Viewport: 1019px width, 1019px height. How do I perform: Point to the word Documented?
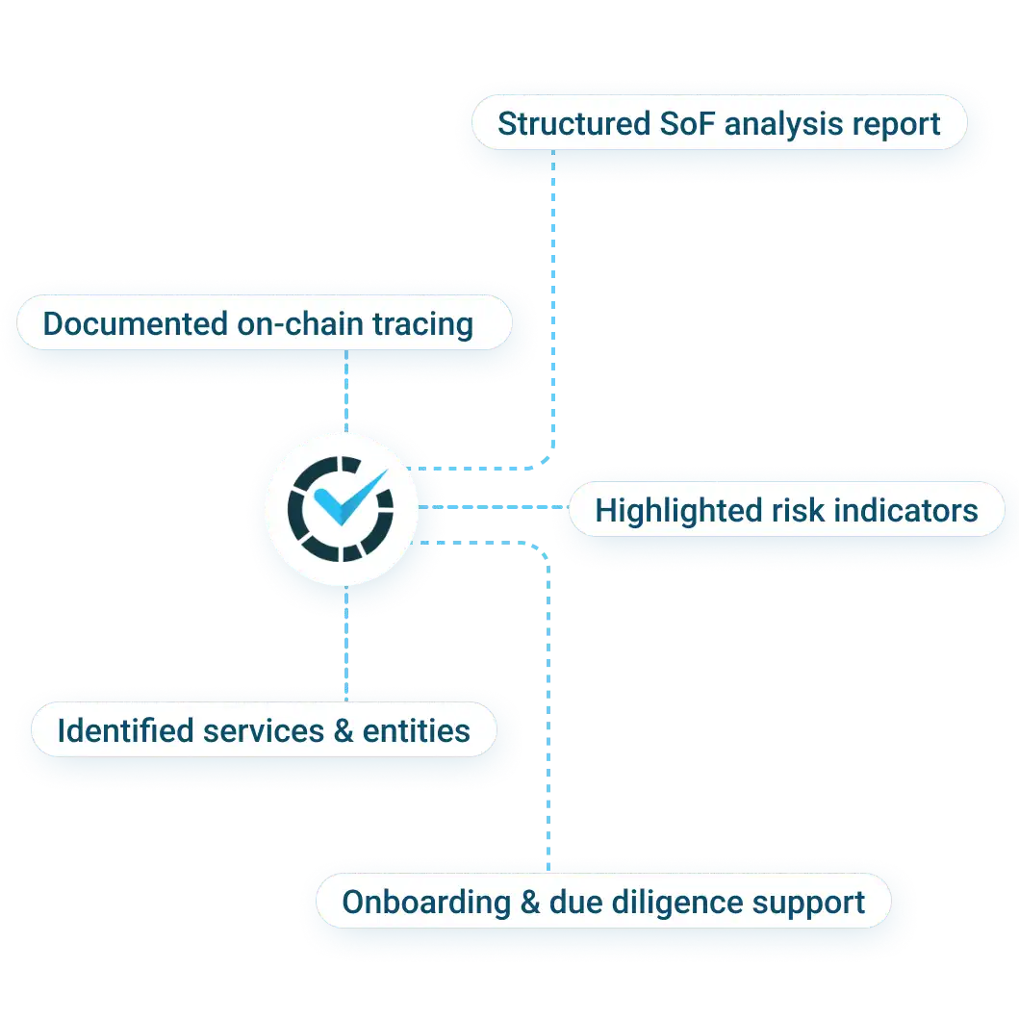click(x=135, y=323)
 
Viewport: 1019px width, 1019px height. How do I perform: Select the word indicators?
click(x=906, y=510)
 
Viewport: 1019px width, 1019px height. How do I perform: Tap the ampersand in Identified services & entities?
click(x=343, y=730)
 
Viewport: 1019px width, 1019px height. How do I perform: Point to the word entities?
click(x=416, y=730)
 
